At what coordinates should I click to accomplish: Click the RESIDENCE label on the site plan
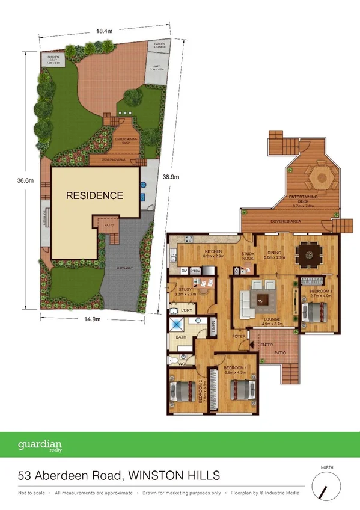[94, 195]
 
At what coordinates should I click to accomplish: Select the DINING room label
[277, 253]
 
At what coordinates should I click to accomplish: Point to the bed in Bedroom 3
[316, 313]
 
